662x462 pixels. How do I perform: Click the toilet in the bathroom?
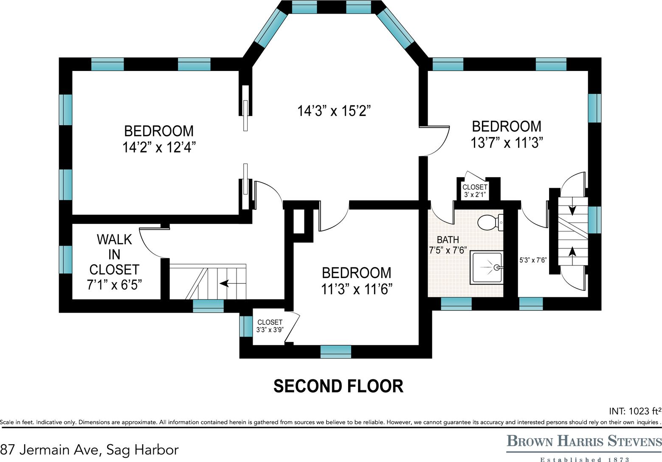tap(490, 223)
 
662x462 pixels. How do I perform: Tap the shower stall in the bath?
tap(486, 268)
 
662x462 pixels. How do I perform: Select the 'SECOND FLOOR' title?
tap(338, 386)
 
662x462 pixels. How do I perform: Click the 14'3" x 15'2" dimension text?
tap(334, 111)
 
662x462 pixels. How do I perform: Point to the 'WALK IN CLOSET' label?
tap(114, 254)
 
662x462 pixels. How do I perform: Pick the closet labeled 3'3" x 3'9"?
tap(270, 326)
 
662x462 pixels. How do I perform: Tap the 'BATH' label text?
tap(448, 239)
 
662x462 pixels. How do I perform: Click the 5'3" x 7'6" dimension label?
tap(533, 260)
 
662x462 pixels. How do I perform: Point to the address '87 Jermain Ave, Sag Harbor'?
tap(89, 450)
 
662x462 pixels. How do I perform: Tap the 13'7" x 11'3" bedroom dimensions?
tap(507, 143)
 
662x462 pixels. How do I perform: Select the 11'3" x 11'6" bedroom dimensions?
tap(357, 289)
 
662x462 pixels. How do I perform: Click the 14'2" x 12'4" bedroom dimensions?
tap(159, 147)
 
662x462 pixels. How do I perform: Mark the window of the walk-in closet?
tap(65, 259)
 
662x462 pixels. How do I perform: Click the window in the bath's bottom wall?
tap(456, 304)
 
